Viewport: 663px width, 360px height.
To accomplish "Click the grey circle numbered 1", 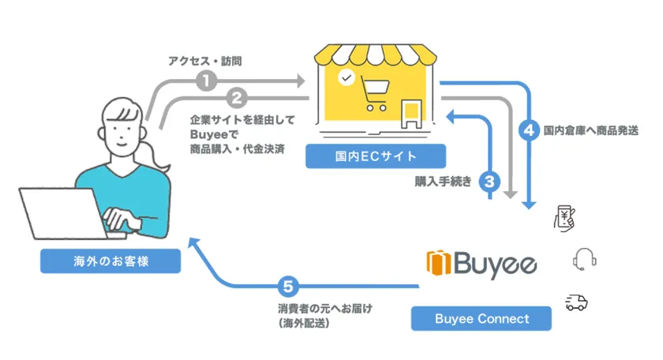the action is (206, 81).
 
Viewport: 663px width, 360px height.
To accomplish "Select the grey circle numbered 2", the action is (237, 98).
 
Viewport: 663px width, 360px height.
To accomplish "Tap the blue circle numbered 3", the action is (489, 182).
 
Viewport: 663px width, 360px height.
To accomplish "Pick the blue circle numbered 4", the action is (529, 130).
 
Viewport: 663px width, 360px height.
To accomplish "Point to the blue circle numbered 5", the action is (288, 287).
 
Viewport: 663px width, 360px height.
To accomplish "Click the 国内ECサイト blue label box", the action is (376, 156).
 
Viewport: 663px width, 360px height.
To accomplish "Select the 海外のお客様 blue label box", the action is (110, 261).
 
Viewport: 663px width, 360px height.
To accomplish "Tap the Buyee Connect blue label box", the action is (481, 318).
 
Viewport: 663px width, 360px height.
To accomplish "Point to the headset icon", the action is (584, 259).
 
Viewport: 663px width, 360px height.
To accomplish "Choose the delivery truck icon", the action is (576, 303).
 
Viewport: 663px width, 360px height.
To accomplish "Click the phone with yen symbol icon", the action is (565, 218).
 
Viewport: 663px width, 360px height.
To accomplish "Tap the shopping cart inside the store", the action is (375, 94).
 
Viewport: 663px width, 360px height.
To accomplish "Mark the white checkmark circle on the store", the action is (346, 78).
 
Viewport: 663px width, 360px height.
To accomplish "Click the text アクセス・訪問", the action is (205, 62).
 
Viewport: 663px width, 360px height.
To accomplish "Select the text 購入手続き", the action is (443, 182).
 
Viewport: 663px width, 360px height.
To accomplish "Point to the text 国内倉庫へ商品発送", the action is (590, 130).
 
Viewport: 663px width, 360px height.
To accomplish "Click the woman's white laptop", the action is (63, 214).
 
